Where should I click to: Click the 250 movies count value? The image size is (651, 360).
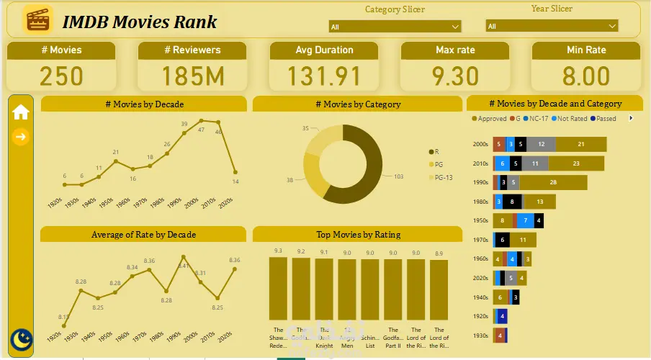(61, 76)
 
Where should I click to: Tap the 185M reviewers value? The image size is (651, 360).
(192, 76)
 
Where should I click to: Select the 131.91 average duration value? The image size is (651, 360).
(324, 76)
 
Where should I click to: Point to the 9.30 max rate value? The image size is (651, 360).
(455, 76)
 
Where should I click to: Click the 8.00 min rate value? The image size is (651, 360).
(586, 76)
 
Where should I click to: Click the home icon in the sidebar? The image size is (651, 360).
(21, 112)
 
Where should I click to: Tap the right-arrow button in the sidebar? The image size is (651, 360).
(21, 136)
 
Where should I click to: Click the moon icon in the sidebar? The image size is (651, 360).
(22, 338)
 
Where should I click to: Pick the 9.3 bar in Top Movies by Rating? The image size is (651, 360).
(278, 289)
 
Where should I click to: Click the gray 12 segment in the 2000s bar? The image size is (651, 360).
(541, 144)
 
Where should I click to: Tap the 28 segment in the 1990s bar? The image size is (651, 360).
(553, 182)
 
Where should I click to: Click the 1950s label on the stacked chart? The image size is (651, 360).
(480, 220)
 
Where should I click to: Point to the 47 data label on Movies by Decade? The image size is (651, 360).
(201, 130)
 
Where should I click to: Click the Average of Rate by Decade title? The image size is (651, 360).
(143, 234)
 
